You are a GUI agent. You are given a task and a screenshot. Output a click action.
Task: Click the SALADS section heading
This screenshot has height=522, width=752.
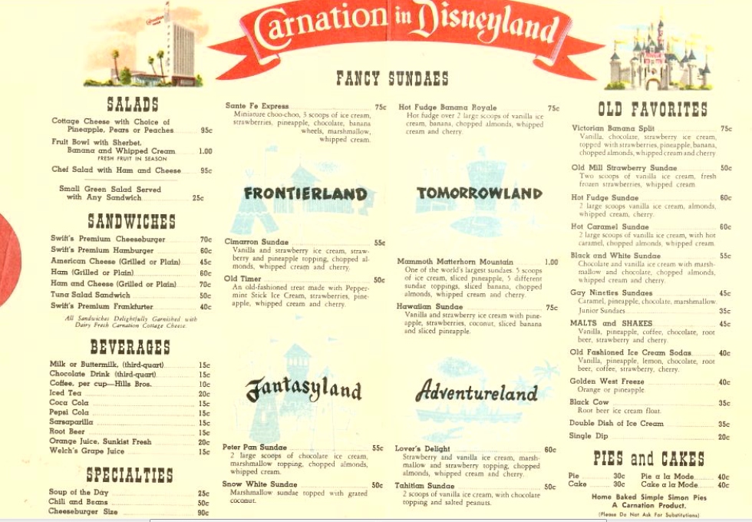click(133, 104)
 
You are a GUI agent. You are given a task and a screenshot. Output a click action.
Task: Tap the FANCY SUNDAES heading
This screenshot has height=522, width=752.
click(392, 78)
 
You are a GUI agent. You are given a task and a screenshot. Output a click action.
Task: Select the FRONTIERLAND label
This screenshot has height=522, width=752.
click(305, 193)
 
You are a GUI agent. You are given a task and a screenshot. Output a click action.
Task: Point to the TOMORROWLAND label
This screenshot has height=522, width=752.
click(480, 193)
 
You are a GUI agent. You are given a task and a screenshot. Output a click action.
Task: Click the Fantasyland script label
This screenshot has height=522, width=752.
click(304, 389)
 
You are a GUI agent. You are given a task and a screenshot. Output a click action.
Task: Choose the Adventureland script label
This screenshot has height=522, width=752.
click(477, 392)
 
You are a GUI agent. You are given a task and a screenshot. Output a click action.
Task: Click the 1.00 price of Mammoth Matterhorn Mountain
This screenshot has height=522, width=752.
click(551, 262)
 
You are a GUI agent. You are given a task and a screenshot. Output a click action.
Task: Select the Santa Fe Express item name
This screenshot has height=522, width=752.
click(257, 107)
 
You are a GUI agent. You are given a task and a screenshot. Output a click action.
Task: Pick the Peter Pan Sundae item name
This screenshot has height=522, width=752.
click(254, 448)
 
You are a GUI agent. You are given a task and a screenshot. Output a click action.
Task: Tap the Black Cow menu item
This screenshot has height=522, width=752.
click(589, 402)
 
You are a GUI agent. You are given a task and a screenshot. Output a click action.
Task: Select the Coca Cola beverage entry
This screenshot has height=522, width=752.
click(69, 403)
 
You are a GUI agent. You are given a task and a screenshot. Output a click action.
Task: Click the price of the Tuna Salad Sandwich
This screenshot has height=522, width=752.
click(205, 296)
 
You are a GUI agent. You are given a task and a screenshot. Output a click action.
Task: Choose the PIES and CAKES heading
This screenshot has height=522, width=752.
click(648, 459)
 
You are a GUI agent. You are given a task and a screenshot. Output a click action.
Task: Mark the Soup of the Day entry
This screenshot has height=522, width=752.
click(75, 493)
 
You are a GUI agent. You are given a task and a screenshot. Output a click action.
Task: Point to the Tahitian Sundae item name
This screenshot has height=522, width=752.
click(424, 486)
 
